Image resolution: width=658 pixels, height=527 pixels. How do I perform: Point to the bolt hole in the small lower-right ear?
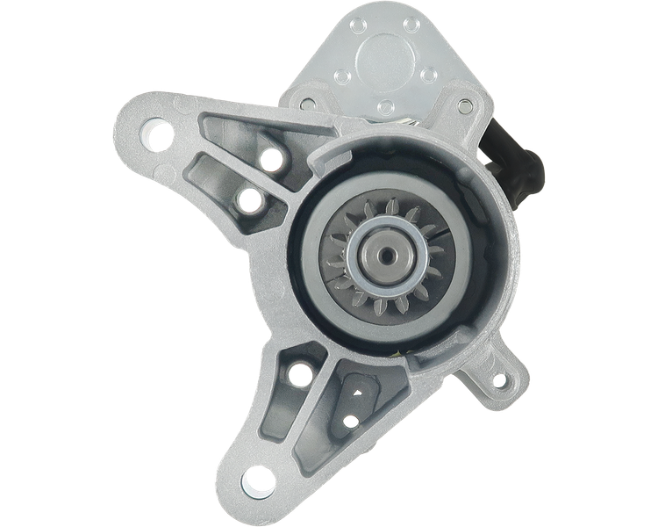(x=500, y=380)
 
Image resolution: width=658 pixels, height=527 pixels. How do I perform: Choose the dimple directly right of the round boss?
(x=429, y=70)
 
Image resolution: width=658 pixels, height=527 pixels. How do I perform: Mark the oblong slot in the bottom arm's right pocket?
(x=359, y=387)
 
